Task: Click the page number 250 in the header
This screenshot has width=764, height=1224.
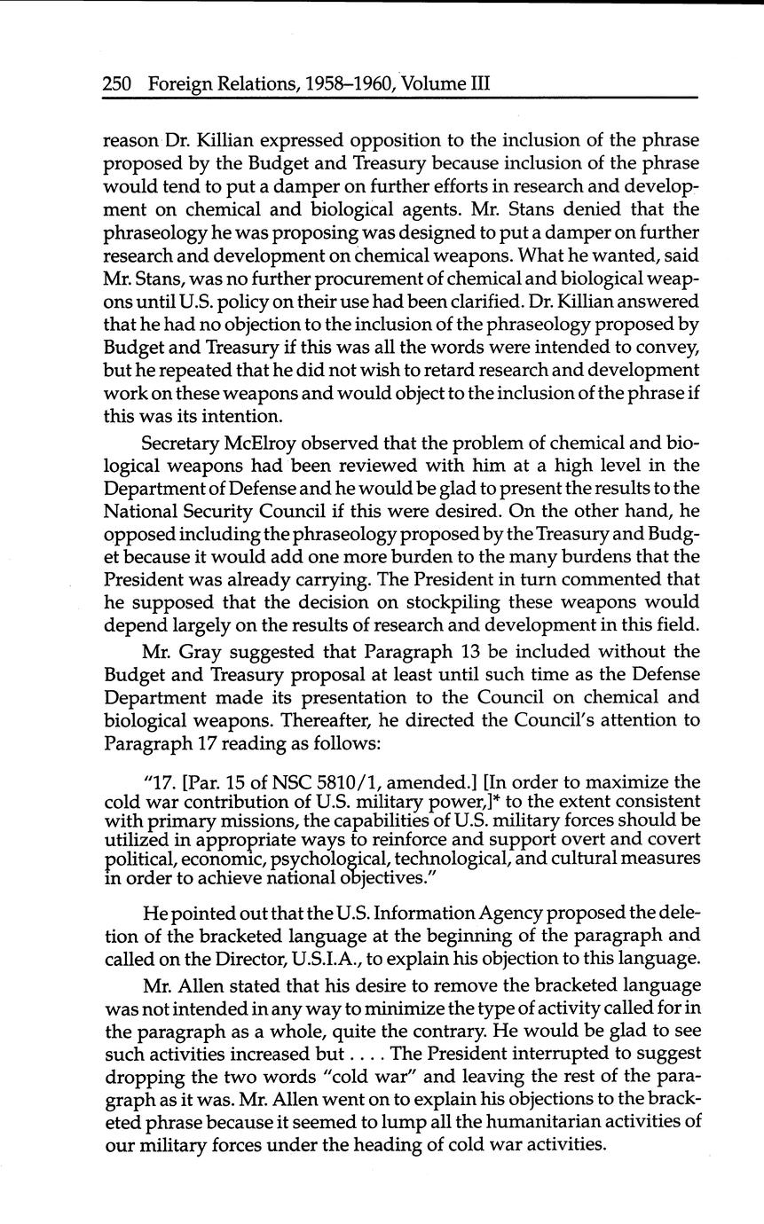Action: coord(118,84)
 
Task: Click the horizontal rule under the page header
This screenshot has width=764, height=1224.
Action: coord(400,98)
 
